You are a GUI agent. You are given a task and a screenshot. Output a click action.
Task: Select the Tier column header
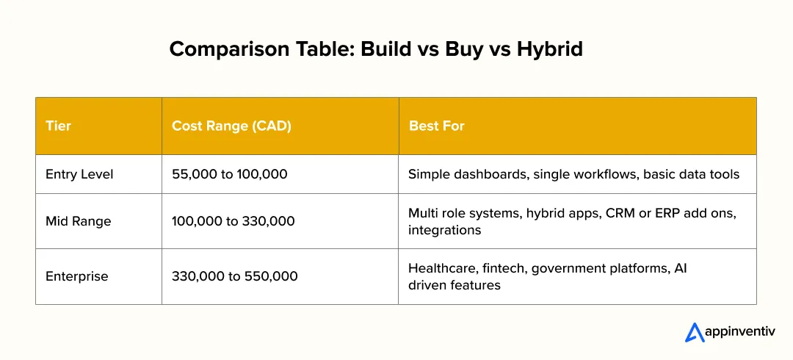click(x=59, y=126)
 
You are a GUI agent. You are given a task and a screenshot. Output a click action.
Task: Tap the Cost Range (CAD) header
click(x=231, y=126)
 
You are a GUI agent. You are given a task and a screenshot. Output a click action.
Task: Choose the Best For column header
click(x=437, y=126)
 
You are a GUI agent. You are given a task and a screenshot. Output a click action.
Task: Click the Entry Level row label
click(x=79, y=174)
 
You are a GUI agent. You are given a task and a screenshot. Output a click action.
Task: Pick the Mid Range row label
click(x=78, y=221)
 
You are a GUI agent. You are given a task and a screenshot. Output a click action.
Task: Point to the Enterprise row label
click(x=76, y=276)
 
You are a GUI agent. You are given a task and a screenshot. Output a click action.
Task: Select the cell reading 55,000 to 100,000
click(x=228, y=174)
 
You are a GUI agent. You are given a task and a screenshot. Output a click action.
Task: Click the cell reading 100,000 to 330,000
click(x=233, y=221)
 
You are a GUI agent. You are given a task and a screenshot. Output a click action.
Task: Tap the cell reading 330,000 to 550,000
click(x=234, y=276)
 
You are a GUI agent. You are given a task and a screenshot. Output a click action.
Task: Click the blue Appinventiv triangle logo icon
click(x=695, y=332)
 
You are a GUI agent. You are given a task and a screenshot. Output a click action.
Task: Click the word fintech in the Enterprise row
click(x=504, y=269)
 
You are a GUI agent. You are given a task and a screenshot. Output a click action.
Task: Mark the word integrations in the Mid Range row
click(x=444, y=230)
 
